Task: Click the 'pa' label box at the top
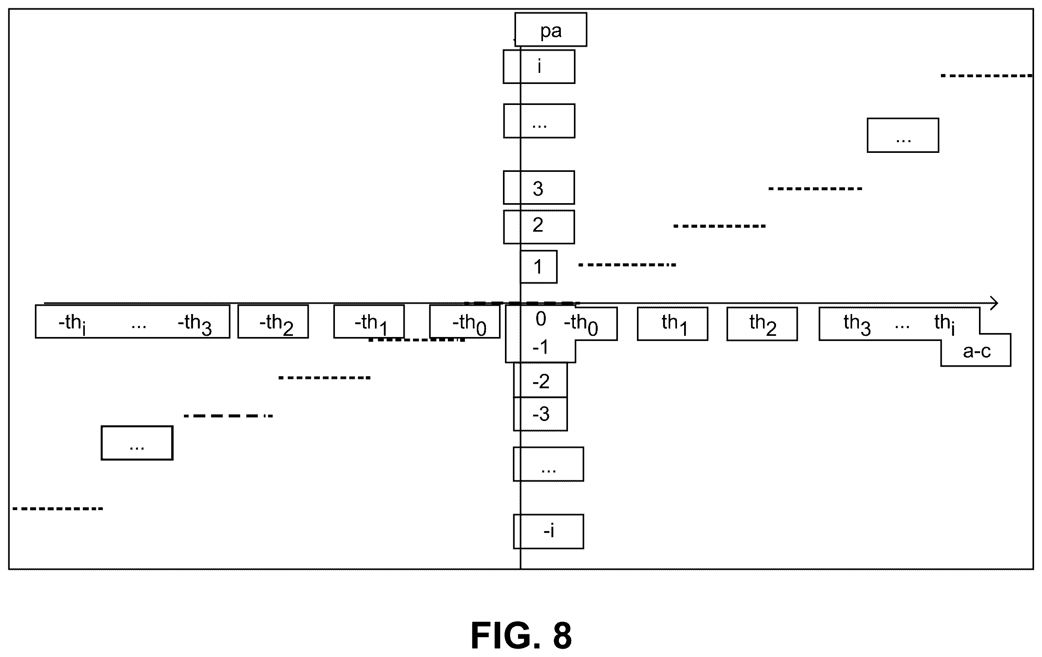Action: click(x=551, y=29)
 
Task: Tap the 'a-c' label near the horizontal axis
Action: click(x=977, y=351)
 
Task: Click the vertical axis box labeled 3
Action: click(x=539, y=188)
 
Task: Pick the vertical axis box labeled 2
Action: click(x=539, y=227)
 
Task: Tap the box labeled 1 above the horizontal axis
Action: click(x=538, y=267)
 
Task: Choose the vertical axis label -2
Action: click(x=541, y=381)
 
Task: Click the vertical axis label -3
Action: click(x=541, y=414)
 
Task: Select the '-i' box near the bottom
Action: click(x=548, y=531)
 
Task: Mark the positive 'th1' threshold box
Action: click(x=673, y=324)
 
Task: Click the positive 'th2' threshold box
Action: click(x=762, y=324)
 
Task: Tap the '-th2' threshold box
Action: click(x=273, y=322)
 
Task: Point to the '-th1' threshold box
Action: click(x=369, y=322)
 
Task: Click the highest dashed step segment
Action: click(x=986, y=76)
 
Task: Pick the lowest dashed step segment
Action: click(x=57, y=508)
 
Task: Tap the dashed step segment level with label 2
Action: click(x=719, y=226)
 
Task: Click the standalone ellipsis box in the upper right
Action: click(x=902, y=135)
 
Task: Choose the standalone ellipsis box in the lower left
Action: click(x=137, y=443)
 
